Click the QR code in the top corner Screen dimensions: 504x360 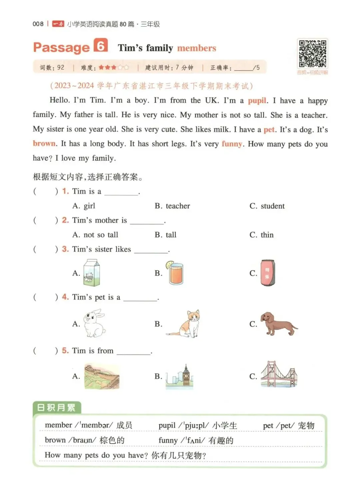[312, 54]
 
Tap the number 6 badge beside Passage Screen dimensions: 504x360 [101, 45]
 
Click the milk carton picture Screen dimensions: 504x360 [92, 273]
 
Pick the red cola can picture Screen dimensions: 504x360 [268, 273]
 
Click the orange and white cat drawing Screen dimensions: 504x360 [186, 324]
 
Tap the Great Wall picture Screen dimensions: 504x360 [102, 376]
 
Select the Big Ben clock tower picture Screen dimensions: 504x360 [180, 376]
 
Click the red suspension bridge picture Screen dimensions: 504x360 [279, 375]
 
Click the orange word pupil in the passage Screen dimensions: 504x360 [257, 101]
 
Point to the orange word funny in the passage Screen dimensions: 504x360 [232, 144]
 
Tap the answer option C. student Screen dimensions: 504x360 [267, 206]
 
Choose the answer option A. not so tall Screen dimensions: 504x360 [95, 235]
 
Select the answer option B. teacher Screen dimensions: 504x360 [172, 206]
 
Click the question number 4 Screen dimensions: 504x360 [65, 297]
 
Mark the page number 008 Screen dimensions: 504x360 [38, 24]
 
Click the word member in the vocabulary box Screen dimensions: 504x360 [58, 425]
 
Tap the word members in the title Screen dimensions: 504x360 [197, 48]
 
